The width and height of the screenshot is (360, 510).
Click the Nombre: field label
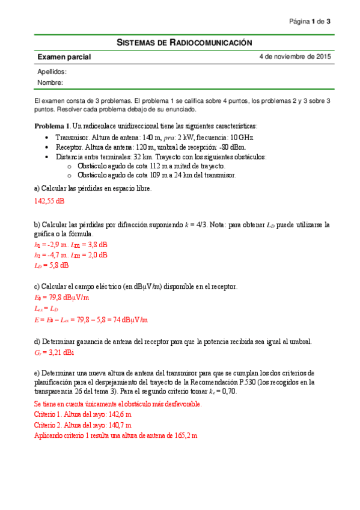pos(50,82)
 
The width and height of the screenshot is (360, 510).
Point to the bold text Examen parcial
pos(64,57)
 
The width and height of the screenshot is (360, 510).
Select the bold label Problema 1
pos(52,126)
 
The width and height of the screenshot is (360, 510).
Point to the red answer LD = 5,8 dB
pos(51,265)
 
